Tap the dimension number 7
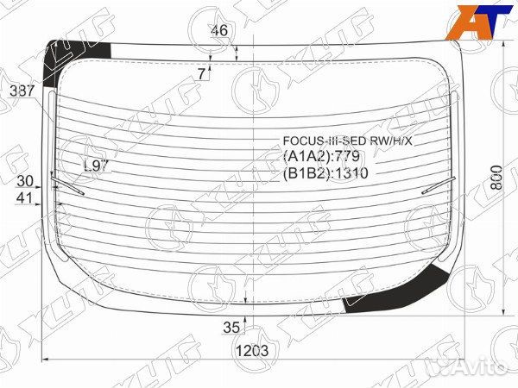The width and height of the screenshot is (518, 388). click(x=201, y=74)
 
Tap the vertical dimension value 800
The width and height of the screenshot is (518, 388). click(x=496, y=178)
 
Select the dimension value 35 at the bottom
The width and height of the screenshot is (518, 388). click(x=231, y=327)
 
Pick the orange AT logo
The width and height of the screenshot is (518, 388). click(x=476, y=22)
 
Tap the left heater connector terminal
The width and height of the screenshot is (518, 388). click(x=60, y=183)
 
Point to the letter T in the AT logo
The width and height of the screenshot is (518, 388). click(x=488, y=21)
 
